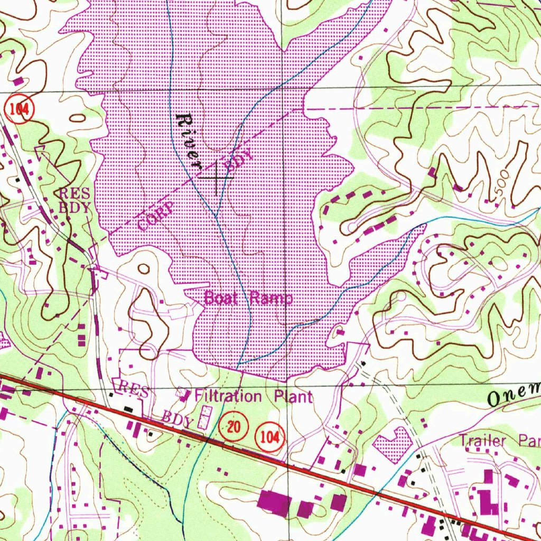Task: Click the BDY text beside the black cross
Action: pos(239,161)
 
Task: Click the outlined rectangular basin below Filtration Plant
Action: pos(203,417)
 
